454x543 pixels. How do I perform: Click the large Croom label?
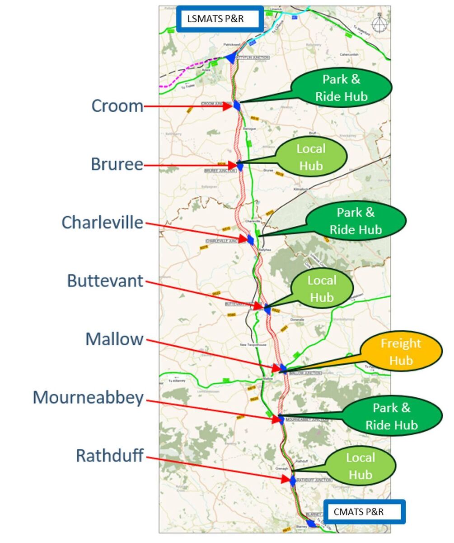pyautogui.click(x=117, y=106)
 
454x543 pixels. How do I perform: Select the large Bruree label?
pyautogui.click(x=117, y=164)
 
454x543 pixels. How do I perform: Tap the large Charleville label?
pyautogui.click(x=102, y=222)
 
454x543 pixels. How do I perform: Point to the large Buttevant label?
pyautogui.click(x=105, y=281)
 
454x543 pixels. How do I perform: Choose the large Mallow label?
pyautogui.click(x=114, y=339)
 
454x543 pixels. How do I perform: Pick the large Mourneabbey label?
pyautogui.click(x=88, y=397)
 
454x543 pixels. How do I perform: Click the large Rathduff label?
pyautogui.click(x=110, y=455)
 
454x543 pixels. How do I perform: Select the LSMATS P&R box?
pyautogui.click(x=220, y=19)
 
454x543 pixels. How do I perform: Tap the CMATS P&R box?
pyautogui.click(x=364, y=512)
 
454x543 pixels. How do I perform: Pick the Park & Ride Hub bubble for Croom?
pyautogui.click(x=342, y=88)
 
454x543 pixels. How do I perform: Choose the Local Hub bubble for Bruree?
pyautogui.click(x=311, y=157)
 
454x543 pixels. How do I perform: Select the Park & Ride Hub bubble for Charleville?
pyautogui.click(x=356, y=221)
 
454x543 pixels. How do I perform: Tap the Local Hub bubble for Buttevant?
pyautogui.click(x=322, y=289)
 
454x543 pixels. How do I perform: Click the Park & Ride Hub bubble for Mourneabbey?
pyautogui.click(x=392, y=416)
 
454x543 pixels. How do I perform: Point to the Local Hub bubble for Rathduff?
pyautogui.click(x=360, y=466)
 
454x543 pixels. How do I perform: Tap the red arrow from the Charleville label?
pyautogui.click(x=197, y=230)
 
